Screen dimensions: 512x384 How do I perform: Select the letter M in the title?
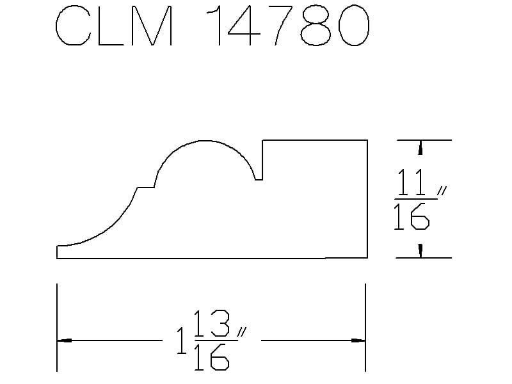click(152, 26)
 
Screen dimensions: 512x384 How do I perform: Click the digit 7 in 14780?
click(284, 26)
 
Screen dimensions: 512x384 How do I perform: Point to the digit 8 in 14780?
click(316, 26)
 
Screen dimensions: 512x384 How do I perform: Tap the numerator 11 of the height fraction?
click(410, 182)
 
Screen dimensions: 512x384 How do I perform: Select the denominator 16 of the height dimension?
click(412, 216)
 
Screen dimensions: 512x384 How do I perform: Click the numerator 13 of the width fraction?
click(212, 323)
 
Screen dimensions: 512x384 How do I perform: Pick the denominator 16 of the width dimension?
click(211, 357)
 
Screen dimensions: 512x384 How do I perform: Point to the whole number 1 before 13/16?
click(182, 341)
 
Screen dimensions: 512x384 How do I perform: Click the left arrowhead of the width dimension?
click(65, 340)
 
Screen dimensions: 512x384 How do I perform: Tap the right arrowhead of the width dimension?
click(358, 340)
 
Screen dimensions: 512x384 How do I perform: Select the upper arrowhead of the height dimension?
click(420, 147)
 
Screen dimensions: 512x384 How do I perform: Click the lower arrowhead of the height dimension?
click(420, 251)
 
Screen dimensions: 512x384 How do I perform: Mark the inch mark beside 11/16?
click(442, 191)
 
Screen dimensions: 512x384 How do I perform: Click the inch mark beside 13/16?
click(242, 332)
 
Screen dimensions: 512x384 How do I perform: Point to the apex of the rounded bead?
click(204, 141)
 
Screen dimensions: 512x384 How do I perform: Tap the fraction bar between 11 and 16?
click(415, 199)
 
